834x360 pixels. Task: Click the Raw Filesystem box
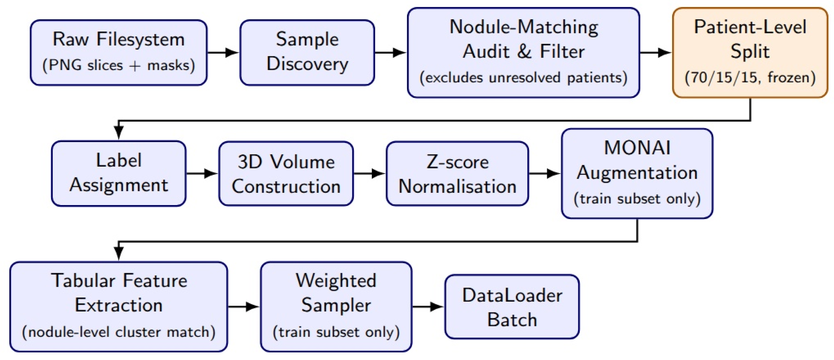click(x=119, y=52)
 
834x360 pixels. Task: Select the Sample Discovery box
click(x=307, y=52)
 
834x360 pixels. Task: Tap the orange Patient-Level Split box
click(x=750, y=52)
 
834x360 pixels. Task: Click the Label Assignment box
click(x=119, y=173)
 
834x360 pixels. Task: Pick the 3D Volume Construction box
click(x=286, y=173)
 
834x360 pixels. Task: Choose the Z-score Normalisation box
click(x=457, y=173)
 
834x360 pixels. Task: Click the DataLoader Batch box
click(x=512, y=307)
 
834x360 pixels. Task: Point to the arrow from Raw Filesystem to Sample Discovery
click(x=223, y=52)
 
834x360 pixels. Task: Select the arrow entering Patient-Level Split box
click(x=656, y=52)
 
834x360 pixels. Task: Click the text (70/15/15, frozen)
click(x=750, y=78)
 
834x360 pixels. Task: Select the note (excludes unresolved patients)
click(x=523, y=78)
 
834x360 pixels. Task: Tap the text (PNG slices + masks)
click(x=119, y=65)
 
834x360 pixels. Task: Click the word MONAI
click(x=637, y=148)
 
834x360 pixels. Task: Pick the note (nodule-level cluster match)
click(x=119, y=332)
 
